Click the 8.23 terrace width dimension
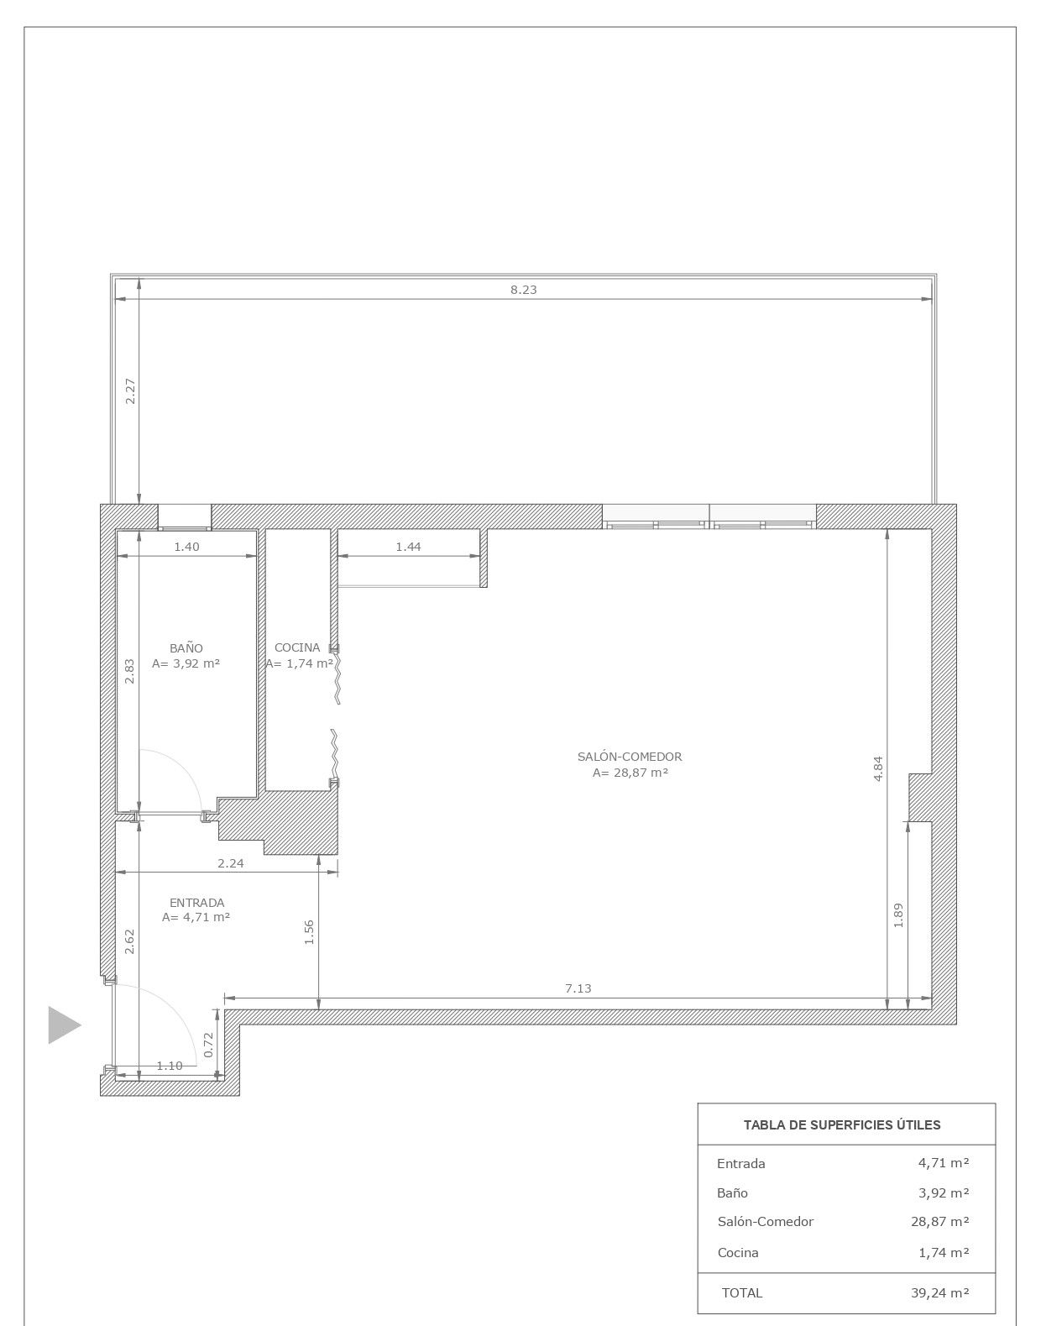pyautogui.click(x=523, y=290)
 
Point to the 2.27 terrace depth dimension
pyautogui.click(x=130, y=391)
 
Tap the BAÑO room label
pyautogui.click(x=186, y=648)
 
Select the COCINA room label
pyautogui.click(x=297, y=647)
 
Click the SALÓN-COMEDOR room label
pyautogui.click(x=630, y=757)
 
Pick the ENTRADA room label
pyautogui.click(x=196, y=903)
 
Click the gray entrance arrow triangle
pyautogui.click(x=64, y=1025)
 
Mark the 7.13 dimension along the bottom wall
pyautogui.click(x=578, y=988)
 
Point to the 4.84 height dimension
pyautogui.click(x=878, y=769)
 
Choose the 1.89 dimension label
pyautogui.click(x=898, y=915)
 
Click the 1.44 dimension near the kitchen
pyautogui.click(x=408, y=547)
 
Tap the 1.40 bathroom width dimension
pyautogui.click(x=186, y=547)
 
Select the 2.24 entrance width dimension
pyautogui.click(x=231, y=863)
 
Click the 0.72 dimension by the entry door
pyautogui.click(x=208, y=1045)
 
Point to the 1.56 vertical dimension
pyautogui.click(x=309, y=932)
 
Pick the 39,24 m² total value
pyautogui.click(x=939, y=1292)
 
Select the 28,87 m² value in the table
pyautogui.click(x=939, y=1221)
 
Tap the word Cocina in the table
pyautogui.click(x=738, y=1252)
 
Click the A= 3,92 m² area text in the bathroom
pyautogui.click(x=186, y=663)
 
